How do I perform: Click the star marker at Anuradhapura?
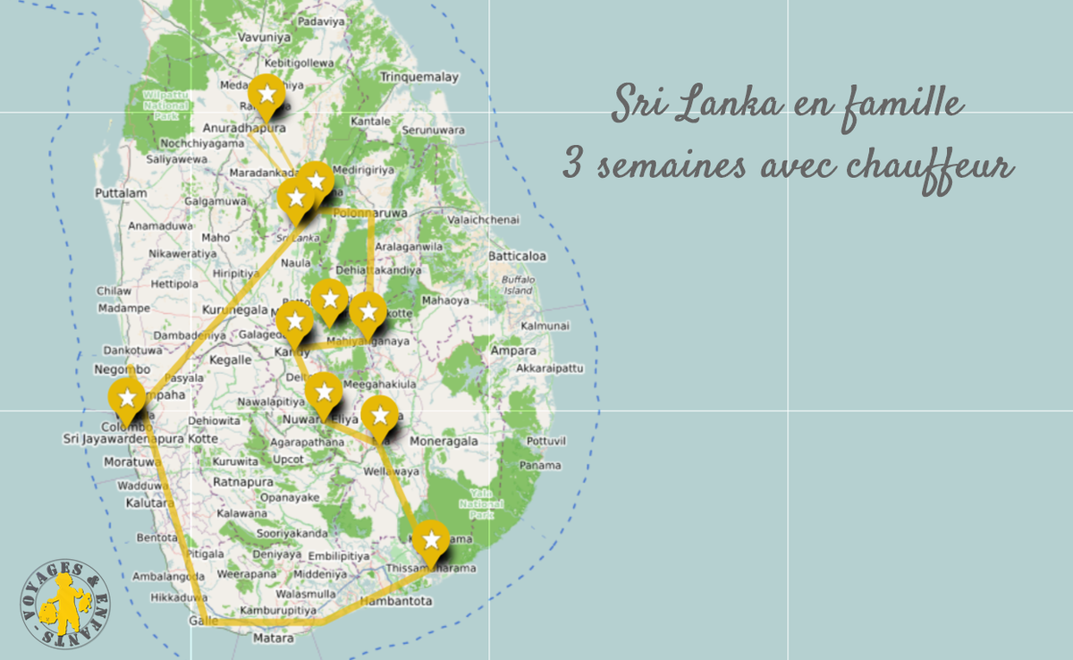pyautogui.click(x=266, y=94)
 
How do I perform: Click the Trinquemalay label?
pyautogui.click(x=418, y=78)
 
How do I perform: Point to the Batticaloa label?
pyautogui.click(x=517, y=257)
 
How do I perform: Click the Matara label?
pyautogui.click(x=273, y=639)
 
